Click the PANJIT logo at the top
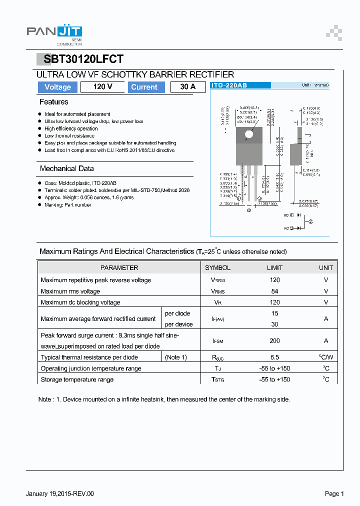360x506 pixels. [54, 33]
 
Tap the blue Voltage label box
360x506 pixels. [57, 87]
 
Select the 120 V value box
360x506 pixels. [102, 87]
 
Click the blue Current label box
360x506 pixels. [144, 87]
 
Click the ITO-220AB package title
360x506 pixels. [229, 85]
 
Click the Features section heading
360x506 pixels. [53, 102]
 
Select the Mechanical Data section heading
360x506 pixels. [66, 168]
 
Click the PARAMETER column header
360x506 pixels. [119, 268]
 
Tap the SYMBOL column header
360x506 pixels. [217, 268]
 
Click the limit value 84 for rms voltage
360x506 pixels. [274, 291]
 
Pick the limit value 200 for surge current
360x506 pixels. [274, 340]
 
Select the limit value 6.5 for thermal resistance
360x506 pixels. [274, 357]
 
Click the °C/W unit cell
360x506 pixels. [325, 357]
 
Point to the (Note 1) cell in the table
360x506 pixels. [176, 357]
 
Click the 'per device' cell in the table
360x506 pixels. [178, 324]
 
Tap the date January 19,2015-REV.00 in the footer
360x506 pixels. [59, 494]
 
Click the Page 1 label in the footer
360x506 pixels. [334, 494]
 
